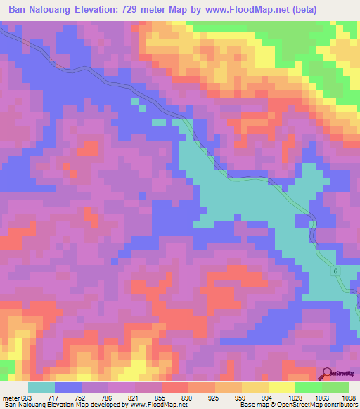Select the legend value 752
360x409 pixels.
(82, 397)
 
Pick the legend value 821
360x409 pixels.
(134, 397)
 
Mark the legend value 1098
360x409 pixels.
(347, 397)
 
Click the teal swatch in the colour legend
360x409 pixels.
(41, 387)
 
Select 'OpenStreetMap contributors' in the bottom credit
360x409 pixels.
(323, 405)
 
